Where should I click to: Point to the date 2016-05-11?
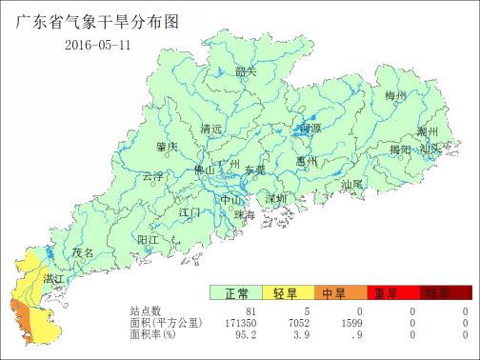97,46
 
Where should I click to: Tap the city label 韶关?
246,71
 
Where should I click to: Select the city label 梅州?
395,96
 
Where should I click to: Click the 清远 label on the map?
211,129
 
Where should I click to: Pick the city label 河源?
310,128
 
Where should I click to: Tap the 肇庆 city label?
167,147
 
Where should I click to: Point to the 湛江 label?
54,278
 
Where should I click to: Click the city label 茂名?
83,252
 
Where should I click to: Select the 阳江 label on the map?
148,238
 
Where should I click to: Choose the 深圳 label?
276,199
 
